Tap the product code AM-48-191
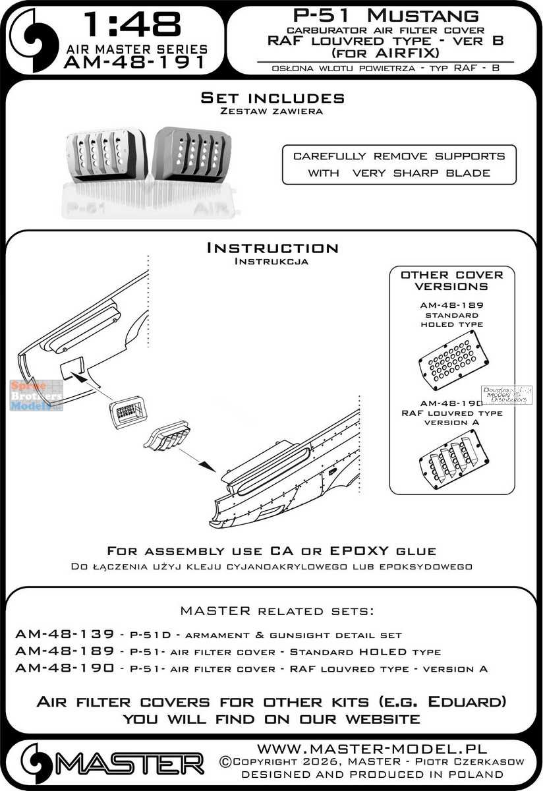pos(134,63)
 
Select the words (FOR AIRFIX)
pos(378,54)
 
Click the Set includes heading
pos(272,98)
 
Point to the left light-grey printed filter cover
pos(106,155)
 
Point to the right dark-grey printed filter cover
pos(192,153)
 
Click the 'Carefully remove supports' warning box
pos(399,165)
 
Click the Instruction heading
pos(272,248)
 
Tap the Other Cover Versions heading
pos(451,281)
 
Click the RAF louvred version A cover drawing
pos(452,458)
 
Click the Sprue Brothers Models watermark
pos(36,395)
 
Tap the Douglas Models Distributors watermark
pos(507,395)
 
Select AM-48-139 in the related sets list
pos(56,634)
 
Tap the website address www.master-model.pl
pos(371,749)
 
